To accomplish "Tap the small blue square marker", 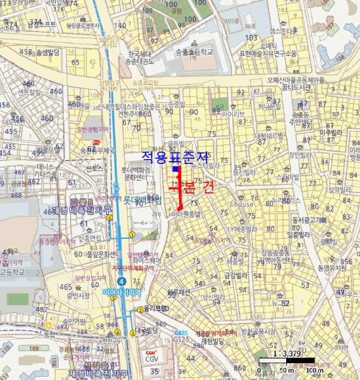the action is [x=175, y=169].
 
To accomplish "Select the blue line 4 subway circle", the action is [x=122, y=281].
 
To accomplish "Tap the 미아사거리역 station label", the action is [x=122, y=292].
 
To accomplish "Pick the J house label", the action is [x=241, y=205].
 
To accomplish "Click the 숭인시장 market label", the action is [x=78, y=296].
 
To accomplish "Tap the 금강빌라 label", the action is [x=236, y=275].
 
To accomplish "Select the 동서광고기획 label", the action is [x=309, y=220].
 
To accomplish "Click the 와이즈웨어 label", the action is [x=141, y=259].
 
